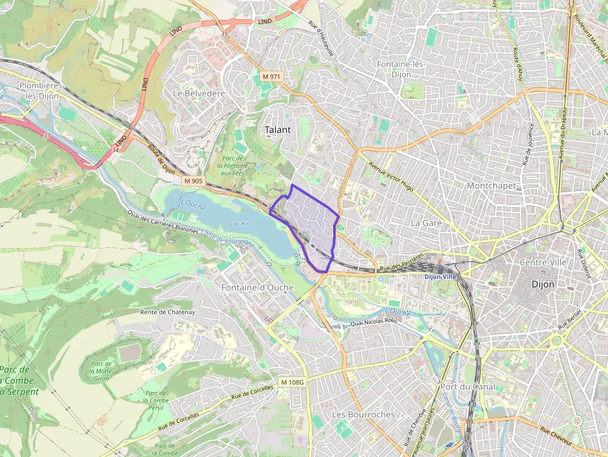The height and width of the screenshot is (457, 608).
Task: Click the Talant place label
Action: coord(277,130)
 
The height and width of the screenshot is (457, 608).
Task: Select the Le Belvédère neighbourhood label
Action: coord(199,93)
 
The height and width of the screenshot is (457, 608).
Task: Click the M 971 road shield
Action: coord(271,76)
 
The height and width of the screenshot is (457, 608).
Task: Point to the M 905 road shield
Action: coord(194,181)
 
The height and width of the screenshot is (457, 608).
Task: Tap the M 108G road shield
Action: coord(292,382)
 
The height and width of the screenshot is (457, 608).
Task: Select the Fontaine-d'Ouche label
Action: coord(257,287)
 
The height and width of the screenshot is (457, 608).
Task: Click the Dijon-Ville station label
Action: coord(440,277)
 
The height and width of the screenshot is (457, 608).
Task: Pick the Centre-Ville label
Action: coord(543,262)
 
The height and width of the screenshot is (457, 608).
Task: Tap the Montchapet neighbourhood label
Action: coord(491,185)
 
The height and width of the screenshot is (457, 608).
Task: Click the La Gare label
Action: coord(426,222)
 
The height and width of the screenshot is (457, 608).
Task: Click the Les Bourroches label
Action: coord(363,414)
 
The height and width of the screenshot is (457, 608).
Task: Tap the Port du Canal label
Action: coord(467,386)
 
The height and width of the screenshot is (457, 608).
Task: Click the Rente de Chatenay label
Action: coord(168,312)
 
